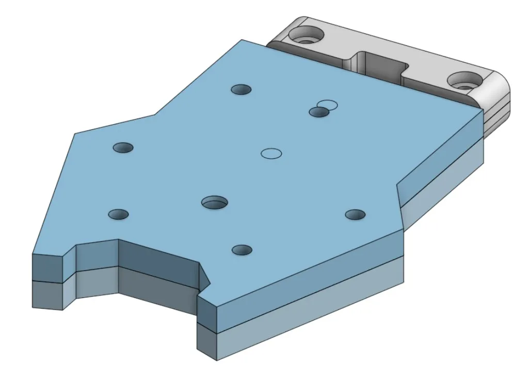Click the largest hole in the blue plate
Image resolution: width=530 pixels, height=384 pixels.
pos(215,202)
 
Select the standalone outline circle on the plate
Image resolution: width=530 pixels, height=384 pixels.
pos(271,153)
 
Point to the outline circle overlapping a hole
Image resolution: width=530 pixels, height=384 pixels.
pos(327,105)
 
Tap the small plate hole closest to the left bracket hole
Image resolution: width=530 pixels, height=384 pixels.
pos(241,90)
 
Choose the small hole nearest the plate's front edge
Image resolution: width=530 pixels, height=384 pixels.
pos(242,250)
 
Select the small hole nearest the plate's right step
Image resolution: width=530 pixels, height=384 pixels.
pos(355,214)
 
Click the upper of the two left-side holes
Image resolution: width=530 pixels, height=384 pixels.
pos(123,148)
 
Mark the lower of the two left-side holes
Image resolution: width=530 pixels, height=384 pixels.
pos(119,214)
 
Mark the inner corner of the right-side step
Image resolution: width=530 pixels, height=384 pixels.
pos(397,183)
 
